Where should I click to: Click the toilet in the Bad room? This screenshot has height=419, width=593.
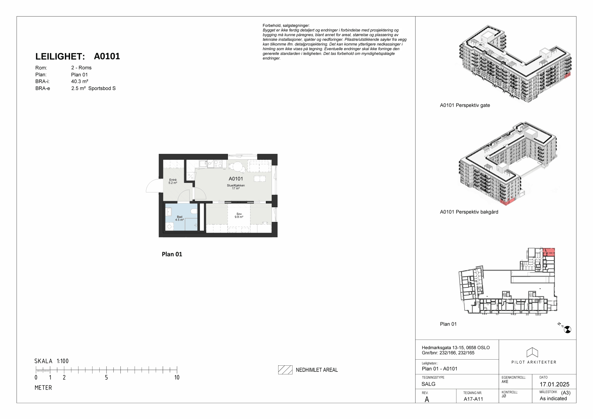(x=194, y=211)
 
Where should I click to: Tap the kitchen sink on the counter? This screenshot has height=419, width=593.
(x=203, y=164)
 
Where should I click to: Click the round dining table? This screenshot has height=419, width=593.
(x=237, y=167)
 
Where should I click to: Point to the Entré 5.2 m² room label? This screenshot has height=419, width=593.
(x=173, y=181)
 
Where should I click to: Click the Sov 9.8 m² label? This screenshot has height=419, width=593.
(x=239, y=215)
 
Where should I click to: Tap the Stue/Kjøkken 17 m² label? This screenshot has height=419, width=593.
(x=236, y=187)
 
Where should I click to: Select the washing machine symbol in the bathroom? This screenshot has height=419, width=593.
(x=170, y=226)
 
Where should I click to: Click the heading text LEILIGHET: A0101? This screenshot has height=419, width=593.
(x=78, y=56)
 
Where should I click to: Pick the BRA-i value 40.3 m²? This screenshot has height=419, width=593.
(x=80, y=81)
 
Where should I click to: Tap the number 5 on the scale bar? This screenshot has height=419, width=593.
(x=106, y=377)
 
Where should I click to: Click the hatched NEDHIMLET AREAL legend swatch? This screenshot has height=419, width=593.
(x=285, y=370)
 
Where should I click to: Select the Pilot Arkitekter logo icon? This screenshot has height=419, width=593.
(x=532, y=352)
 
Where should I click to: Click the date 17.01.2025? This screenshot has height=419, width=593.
(x=554, y=384)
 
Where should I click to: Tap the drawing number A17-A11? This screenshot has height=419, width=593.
(x=473, y=399)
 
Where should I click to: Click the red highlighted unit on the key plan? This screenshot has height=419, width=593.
(x=548, y=252)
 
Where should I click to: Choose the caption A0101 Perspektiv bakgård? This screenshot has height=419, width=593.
(x=469, y=212)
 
